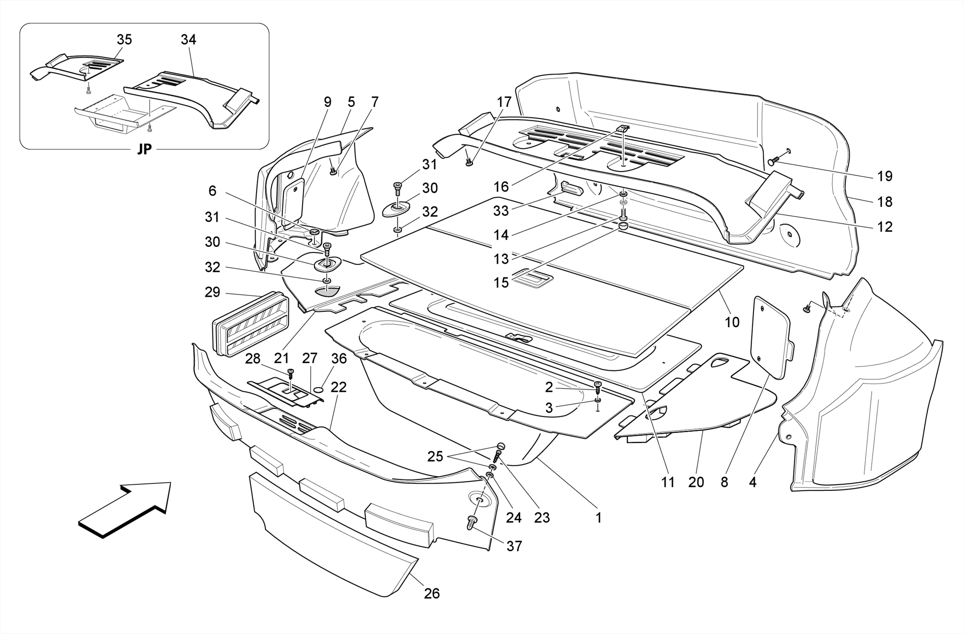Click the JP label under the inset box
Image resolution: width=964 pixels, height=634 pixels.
(145, 149)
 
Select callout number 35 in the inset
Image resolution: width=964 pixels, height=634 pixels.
(124, 40)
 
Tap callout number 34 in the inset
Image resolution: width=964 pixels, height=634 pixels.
(188, 40)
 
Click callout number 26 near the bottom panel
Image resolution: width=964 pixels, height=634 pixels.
(432, 593)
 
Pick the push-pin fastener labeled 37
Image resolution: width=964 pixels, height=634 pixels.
(471, 521)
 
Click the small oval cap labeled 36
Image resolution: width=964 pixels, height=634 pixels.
(319, 390)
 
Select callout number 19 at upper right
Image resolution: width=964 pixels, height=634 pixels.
(885, 176)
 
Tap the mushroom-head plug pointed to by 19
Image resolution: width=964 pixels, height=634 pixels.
(772, 162)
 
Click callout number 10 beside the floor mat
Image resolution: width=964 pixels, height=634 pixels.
(732, 322)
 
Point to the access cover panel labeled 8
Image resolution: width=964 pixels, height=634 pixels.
(772, 337)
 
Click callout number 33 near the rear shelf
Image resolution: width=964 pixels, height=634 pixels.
(501, 211)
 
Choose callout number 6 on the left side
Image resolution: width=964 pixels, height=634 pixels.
(212, 191)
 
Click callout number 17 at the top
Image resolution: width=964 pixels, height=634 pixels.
(504, 102)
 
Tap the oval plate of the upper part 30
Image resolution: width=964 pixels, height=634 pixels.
(396, 209)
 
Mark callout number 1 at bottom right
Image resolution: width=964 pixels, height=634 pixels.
(598, 518)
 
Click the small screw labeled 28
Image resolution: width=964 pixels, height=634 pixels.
(290, 373)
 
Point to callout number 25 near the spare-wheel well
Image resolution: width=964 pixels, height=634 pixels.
(435, 456)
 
